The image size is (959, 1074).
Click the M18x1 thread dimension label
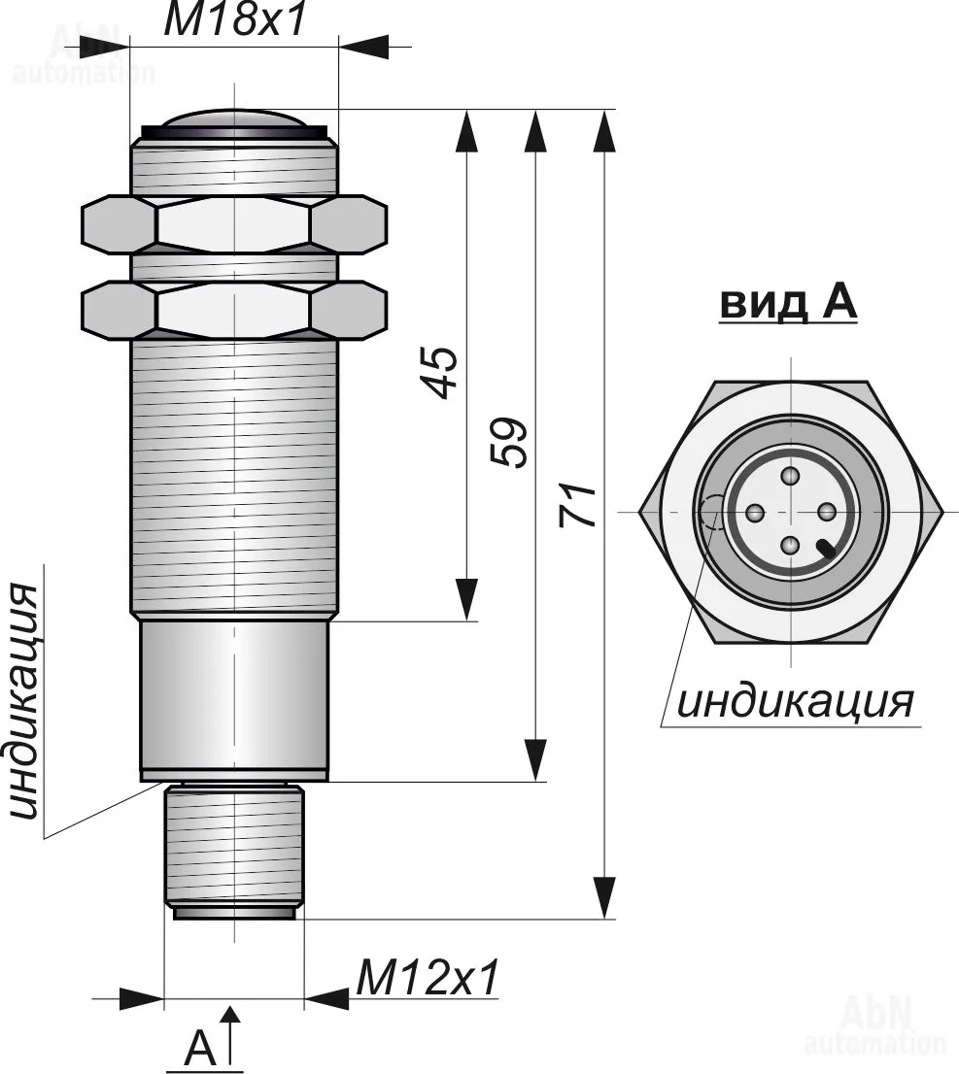[x=234, y=21]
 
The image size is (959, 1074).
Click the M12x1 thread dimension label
[x=428, y=978]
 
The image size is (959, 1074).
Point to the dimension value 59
[x=511, y=442]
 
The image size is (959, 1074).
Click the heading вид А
[x=788, y=304]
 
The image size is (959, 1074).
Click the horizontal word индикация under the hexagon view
[x=795, y=701]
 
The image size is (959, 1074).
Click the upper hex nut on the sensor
[x=235, y=225]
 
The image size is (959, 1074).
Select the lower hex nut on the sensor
[x=235, y=310]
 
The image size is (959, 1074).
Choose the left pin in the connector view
[x=755, y=512]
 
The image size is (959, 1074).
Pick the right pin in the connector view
[x=827, y=512]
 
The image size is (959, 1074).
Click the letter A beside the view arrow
[x=199, y=1048]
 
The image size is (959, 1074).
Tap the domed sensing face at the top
[x=234, y=120]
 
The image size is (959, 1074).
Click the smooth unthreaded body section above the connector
[x=234, y=695]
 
